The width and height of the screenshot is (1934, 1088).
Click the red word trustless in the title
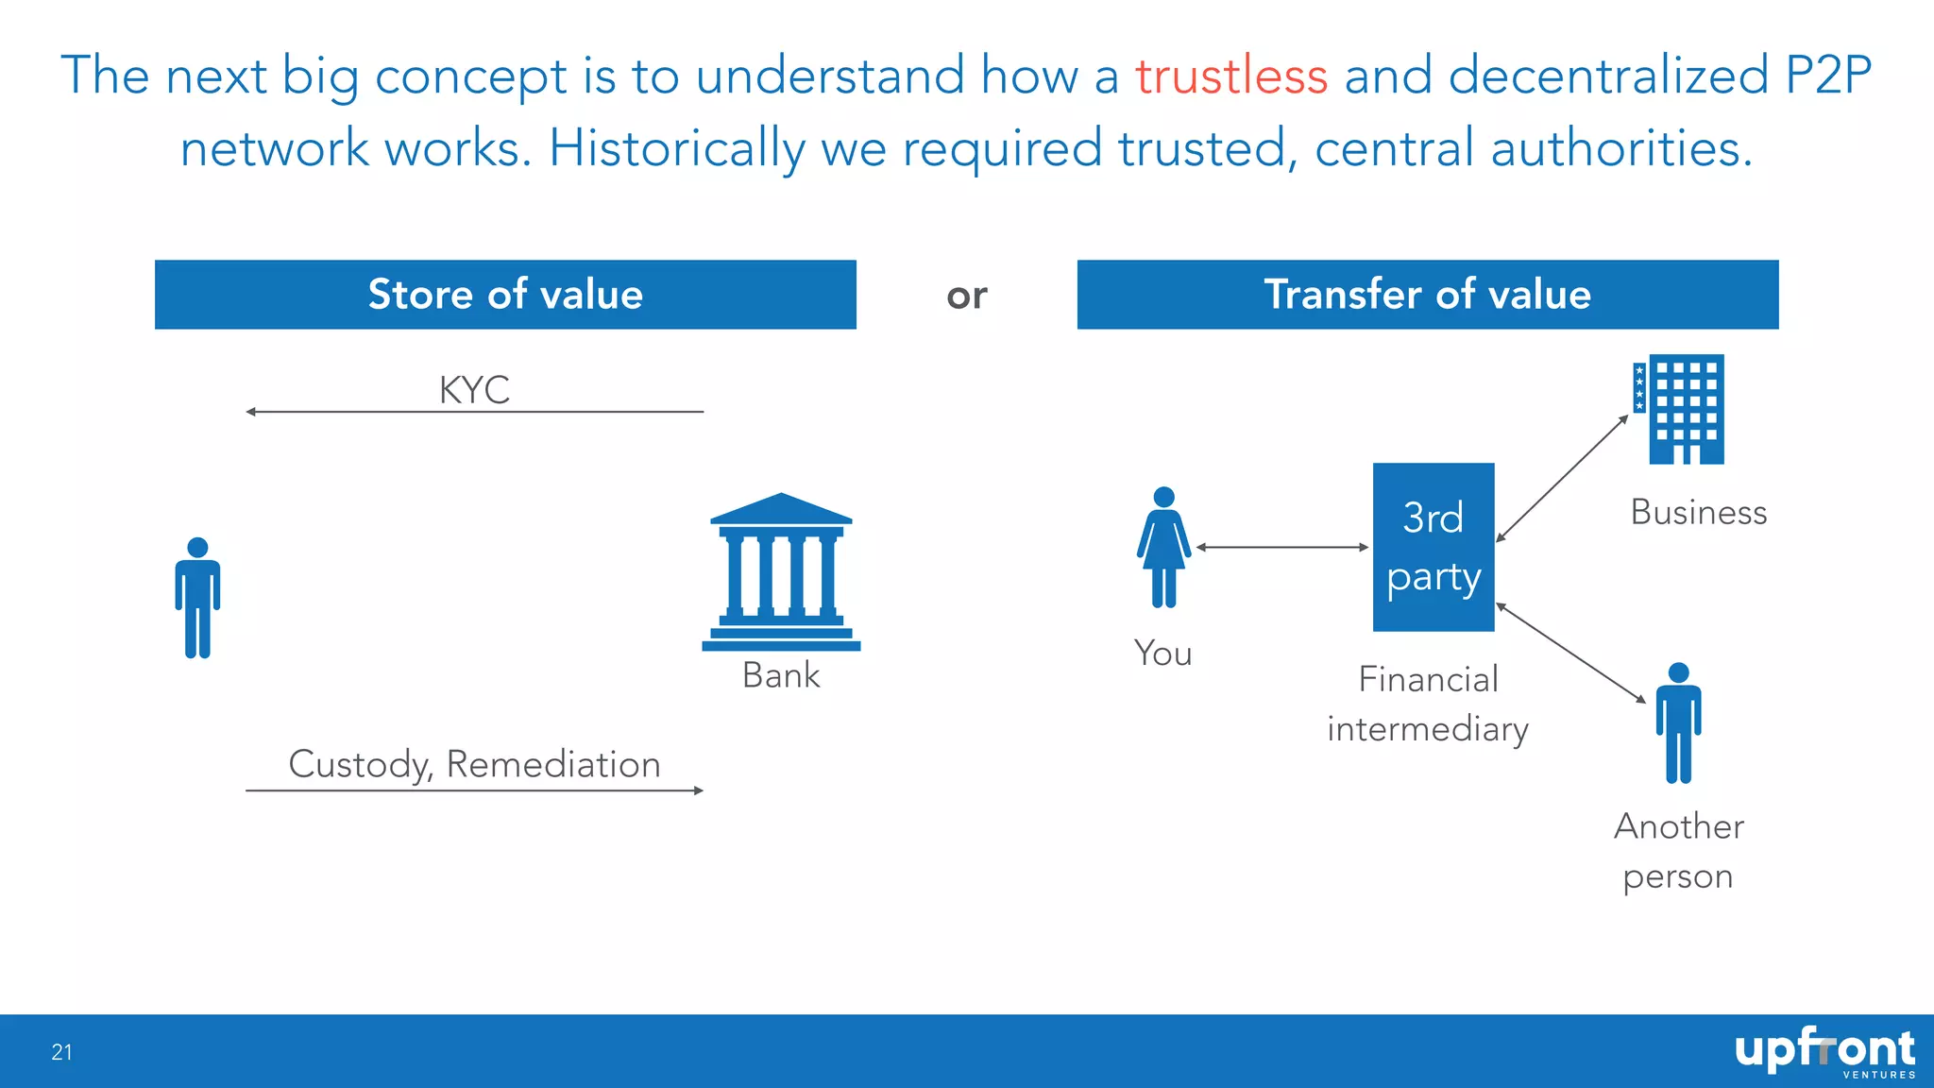point(1230,76)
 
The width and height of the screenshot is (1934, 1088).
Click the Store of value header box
point(505,295)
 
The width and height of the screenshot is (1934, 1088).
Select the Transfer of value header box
point(1427,295)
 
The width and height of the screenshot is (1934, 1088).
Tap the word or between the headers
point(966,297)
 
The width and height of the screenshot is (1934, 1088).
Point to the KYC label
point(474,390)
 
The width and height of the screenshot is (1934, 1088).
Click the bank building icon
point(781,573)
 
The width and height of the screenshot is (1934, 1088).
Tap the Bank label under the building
point(781,675)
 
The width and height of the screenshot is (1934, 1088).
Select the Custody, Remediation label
point(474,764)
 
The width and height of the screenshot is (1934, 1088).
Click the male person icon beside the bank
point(197,598)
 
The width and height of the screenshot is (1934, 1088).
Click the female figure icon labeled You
point(1163,548)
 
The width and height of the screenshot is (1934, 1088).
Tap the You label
point(1162,654)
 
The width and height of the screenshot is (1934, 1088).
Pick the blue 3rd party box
point(1433,547)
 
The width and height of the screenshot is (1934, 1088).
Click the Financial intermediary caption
point(1427,705)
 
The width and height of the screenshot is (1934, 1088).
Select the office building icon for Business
point(1680,409)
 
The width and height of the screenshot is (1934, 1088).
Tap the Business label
point(1698,513)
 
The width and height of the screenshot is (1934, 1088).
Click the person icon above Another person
point(1678,723)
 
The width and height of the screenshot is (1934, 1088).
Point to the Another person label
point(1678,851)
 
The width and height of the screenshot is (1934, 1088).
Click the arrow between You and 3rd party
point(1281,547)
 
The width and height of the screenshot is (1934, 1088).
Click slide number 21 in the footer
point(62,1052)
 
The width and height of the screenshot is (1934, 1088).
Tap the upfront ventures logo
point(1824,1052)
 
